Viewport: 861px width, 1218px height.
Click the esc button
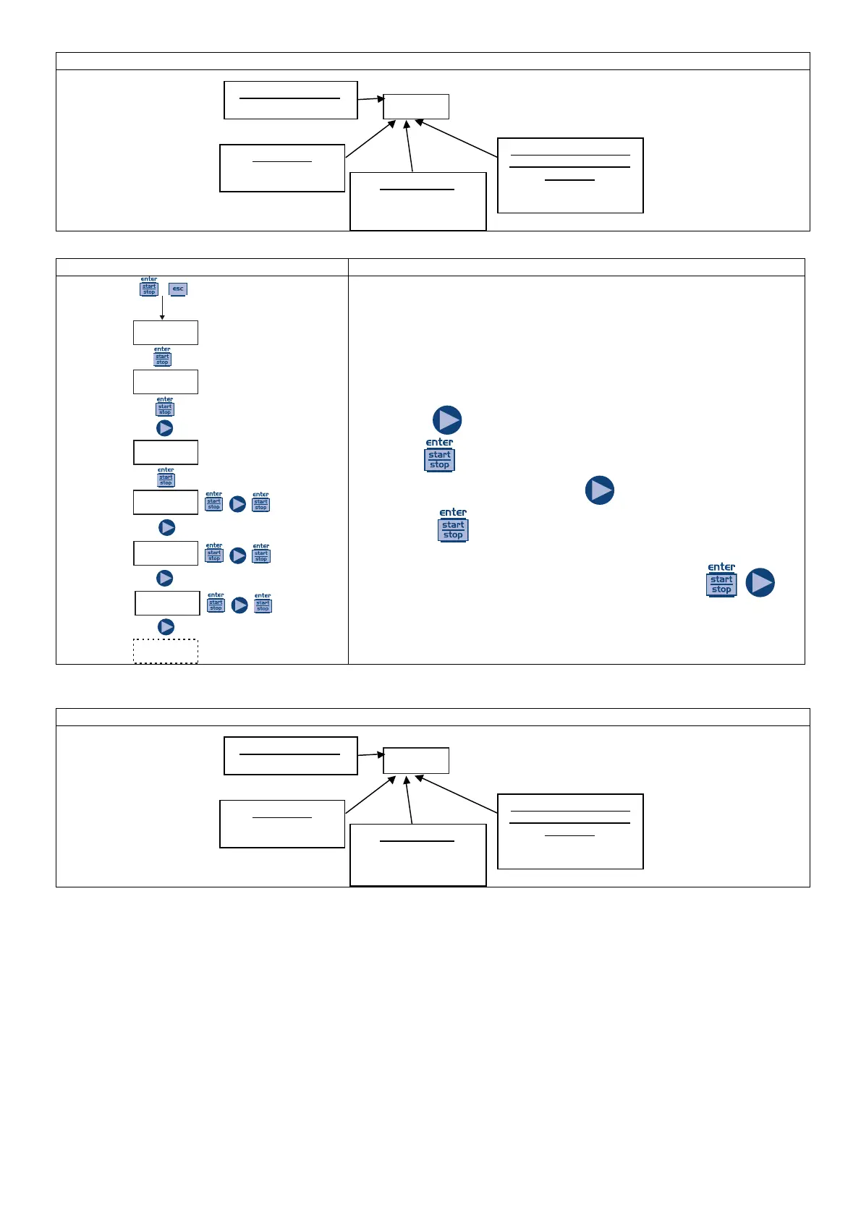[178, 289]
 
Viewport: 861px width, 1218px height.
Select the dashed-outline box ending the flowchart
[166, 651]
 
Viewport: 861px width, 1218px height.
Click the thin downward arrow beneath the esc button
[162, 307]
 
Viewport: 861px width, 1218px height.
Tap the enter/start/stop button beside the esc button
[149, 287]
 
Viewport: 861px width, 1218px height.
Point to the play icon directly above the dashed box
[166, 627]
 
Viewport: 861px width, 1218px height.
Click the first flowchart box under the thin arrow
[166, 333]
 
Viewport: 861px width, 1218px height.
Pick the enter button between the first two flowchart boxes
[162, 357]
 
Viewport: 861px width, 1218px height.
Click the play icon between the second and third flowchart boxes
[165, 428]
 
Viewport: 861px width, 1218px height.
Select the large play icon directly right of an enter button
[760, 582]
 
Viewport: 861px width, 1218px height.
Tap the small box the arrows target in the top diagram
[416, 106]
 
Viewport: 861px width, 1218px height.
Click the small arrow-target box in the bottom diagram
[416, 760]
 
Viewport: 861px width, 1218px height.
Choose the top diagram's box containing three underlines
[570, 176]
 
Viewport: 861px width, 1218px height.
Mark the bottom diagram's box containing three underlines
[570, 831]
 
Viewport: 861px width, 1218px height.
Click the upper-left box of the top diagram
[291, 100]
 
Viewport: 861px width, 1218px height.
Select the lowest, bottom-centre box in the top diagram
[418, 201]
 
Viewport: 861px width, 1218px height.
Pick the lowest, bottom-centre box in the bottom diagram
[418, 855]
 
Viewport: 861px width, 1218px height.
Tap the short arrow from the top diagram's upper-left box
[371, 99]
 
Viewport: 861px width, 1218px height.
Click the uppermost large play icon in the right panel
[447, 420]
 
